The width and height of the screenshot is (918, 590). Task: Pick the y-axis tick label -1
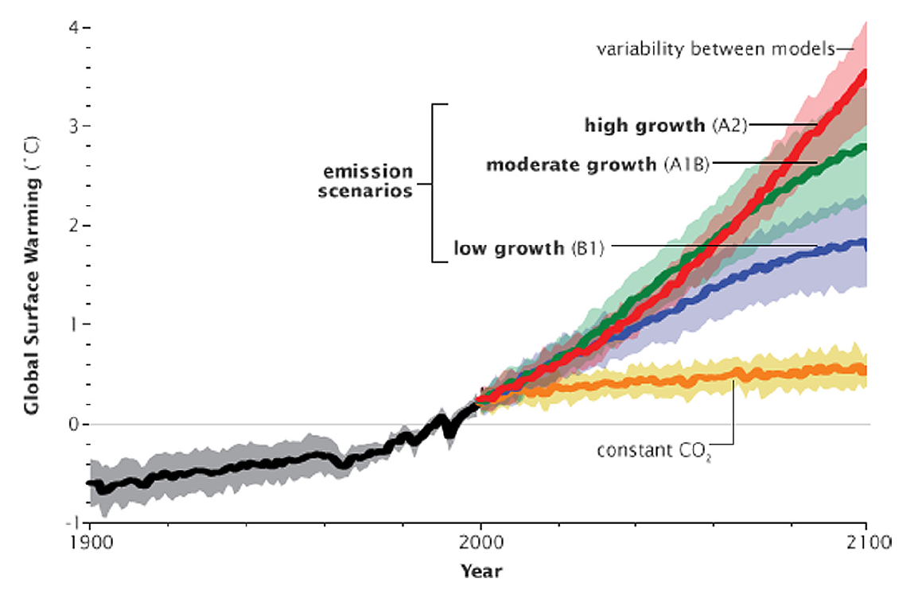[x=70, y=522]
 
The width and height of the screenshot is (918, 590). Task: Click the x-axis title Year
[x=480, y=570]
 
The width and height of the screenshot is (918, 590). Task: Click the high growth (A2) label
[x=665, y=125]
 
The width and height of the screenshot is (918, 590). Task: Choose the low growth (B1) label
[x=529, y=247]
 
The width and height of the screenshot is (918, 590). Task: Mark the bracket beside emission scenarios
[x=434, y=183]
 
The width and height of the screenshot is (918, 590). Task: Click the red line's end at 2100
[x=864, y=73]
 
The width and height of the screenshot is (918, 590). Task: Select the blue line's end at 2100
[x=864, y=243]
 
